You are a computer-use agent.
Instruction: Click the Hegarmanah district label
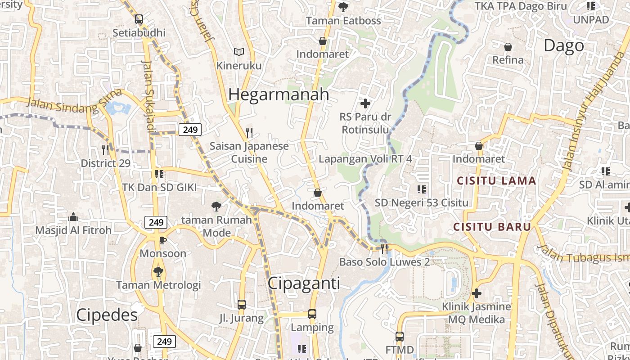(279, 94)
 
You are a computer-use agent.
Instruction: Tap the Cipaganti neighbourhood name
(304, 283)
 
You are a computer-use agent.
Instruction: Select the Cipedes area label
(107, 315)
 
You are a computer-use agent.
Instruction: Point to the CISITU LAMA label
(496, 181)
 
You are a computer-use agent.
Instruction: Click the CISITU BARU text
(492, 227)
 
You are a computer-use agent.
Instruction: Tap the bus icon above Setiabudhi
(139, 19)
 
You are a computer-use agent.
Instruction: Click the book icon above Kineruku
(238, 52)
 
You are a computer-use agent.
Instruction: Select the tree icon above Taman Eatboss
(343, 7)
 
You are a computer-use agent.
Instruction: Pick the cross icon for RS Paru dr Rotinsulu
(365, 103)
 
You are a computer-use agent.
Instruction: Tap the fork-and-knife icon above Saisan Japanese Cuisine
(249, 133)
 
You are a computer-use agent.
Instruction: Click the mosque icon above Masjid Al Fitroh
(73, 217)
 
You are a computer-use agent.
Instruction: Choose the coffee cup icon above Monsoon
(162, 240)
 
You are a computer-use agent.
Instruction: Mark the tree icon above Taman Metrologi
(158, 272)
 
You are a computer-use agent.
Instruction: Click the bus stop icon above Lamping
(312, 314)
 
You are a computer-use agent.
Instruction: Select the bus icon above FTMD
(400, 336)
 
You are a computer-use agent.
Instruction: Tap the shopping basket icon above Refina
(508, 47)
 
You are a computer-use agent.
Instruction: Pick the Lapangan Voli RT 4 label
(365, 159)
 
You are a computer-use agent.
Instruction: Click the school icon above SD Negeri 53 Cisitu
(422, 189)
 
